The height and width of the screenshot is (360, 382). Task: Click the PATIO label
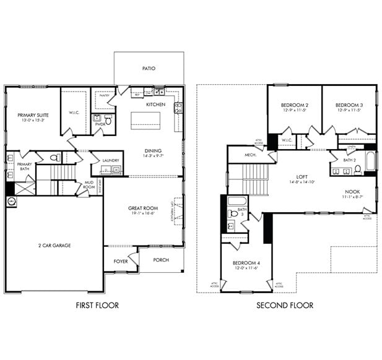[149, 69]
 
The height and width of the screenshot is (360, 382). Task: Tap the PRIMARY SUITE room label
[33, 115]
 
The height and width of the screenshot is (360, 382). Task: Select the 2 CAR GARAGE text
[54, 246]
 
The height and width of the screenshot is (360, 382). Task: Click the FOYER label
[120, 261]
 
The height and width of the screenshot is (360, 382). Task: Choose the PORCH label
[161, 260]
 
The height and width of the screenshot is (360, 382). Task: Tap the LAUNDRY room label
[111, 160]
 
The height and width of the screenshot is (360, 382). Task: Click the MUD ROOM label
[90, 184]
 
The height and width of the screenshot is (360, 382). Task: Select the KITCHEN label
[155, 105]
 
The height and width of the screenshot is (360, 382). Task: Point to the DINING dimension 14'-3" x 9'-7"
[154, 156]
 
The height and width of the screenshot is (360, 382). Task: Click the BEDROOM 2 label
[295, 105]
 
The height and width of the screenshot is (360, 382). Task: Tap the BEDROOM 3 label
[349, 105]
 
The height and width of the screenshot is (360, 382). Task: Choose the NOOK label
[352, 192]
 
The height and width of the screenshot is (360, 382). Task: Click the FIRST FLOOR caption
[97, 305]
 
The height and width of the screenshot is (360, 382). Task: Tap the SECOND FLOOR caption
[285, 305]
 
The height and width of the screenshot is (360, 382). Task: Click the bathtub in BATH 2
[370, 161]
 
